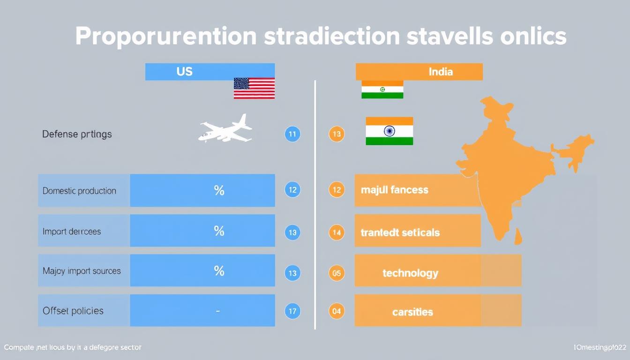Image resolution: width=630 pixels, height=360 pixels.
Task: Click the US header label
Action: pos(185,72)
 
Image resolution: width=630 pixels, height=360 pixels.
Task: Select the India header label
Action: pos(440,72)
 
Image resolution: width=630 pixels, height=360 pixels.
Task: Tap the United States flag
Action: pos(254,88)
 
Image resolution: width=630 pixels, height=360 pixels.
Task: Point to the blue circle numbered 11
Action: pos(292,135)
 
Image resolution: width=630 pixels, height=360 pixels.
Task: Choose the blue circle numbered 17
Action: pos(292,311)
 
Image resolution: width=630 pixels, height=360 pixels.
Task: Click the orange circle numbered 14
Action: pos(337,232)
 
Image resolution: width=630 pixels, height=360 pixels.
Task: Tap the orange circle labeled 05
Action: pos(337,273)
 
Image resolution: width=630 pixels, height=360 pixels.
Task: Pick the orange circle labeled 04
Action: pos(337,311)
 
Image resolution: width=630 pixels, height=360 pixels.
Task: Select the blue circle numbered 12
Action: pos(292,190)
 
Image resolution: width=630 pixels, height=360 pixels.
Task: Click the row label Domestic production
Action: pos(79,191)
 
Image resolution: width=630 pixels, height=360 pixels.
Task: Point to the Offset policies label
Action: pos(73,311)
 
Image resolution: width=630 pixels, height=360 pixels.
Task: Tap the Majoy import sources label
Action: pos(82,271)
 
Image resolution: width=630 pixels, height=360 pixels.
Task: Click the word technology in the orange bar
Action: pos(410,273)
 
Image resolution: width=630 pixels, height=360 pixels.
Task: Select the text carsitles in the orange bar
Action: pos(412,312)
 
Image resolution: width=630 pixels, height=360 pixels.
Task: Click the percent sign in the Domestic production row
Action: pos(219,190)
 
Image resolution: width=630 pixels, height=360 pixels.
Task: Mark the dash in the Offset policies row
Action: pos(218,310)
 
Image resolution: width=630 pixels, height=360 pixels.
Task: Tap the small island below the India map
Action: pos(517,237)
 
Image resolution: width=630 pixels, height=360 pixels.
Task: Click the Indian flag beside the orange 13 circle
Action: pos(389,131)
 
